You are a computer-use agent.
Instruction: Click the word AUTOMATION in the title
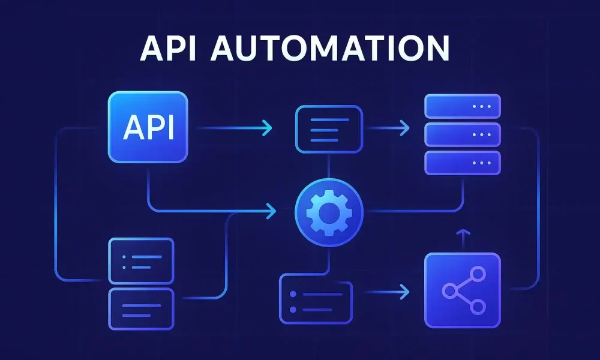pyautogui.click(x=330, y=49)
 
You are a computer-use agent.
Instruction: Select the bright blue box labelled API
pyautogui.click(x=148, y=127)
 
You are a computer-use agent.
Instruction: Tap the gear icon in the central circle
pyautogui.click(x=329, y=211)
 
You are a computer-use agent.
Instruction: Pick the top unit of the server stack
pyautogui.click(x=462, y=106)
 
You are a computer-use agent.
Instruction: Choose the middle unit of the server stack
pyautogui.click(x=462, y=134)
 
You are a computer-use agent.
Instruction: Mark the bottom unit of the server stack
pyautogui.click(x=462, y=163)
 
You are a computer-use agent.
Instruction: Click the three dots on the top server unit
pyautogui.click(x=481, y=106)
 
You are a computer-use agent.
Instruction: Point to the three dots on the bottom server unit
pyautogui.click(x=481, y=163)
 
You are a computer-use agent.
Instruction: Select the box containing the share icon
pyautogui.click(x=462, y=291)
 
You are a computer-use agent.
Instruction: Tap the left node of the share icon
pyautogui.click(x=449, y=291)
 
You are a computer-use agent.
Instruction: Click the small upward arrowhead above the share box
pyautogui.click(x=461, y=231)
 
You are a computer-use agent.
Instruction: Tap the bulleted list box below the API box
pyautogui.click(x=140, y=260)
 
